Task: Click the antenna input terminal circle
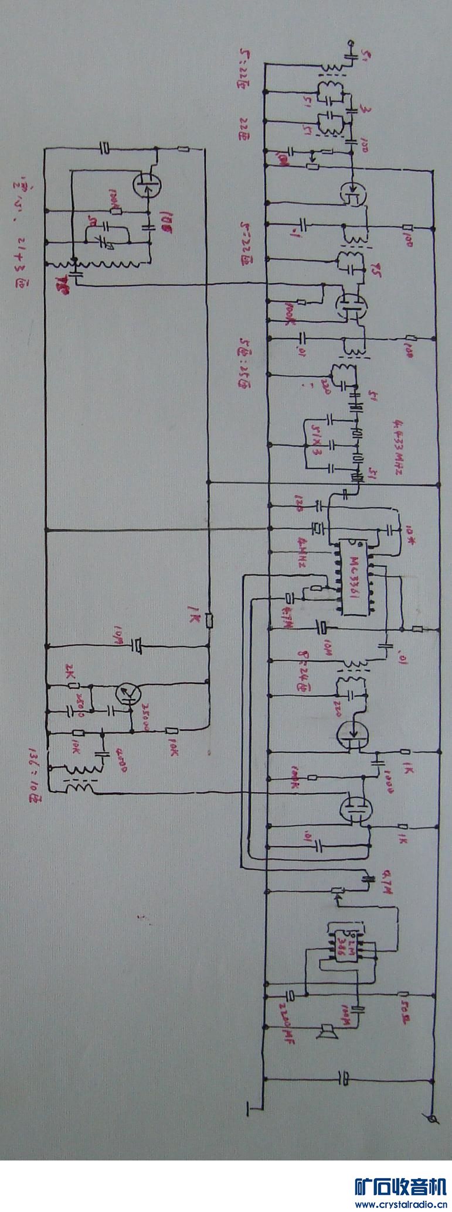350,43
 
